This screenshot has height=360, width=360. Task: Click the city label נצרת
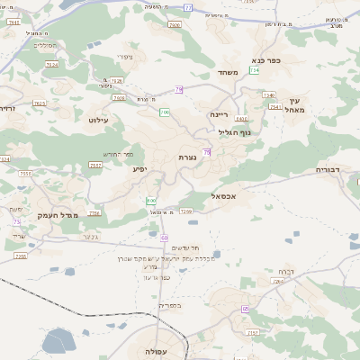[x=187, y=157]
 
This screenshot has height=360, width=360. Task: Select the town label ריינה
[x=220, y=114]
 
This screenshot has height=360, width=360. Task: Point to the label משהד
[x=226, y=74]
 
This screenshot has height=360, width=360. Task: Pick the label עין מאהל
[x=296, y=104]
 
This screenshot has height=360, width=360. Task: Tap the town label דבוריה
[x=330, y=169]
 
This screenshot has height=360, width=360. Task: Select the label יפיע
[x=139, y=168]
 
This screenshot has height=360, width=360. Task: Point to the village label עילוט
[x=99, y=119]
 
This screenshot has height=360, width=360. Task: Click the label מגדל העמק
[x=59, y=215]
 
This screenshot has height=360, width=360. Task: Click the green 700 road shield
[x=164, y=112]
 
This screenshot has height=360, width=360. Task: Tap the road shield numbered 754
[x=256, y=69]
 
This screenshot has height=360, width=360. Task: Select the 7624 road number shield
[x=51, y=65]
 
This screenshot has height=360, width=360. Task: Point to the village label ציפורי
[x=124, y=57]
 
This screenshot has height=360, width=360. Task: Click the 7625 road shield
[x=39, y=103]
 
